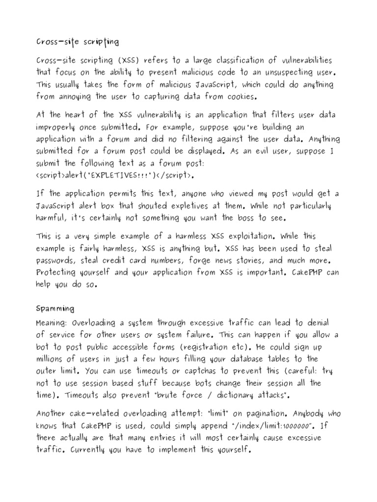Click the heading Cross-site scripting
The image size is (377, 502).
coord(77,42)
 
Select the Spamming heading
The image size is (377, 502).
coord(55,309)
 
